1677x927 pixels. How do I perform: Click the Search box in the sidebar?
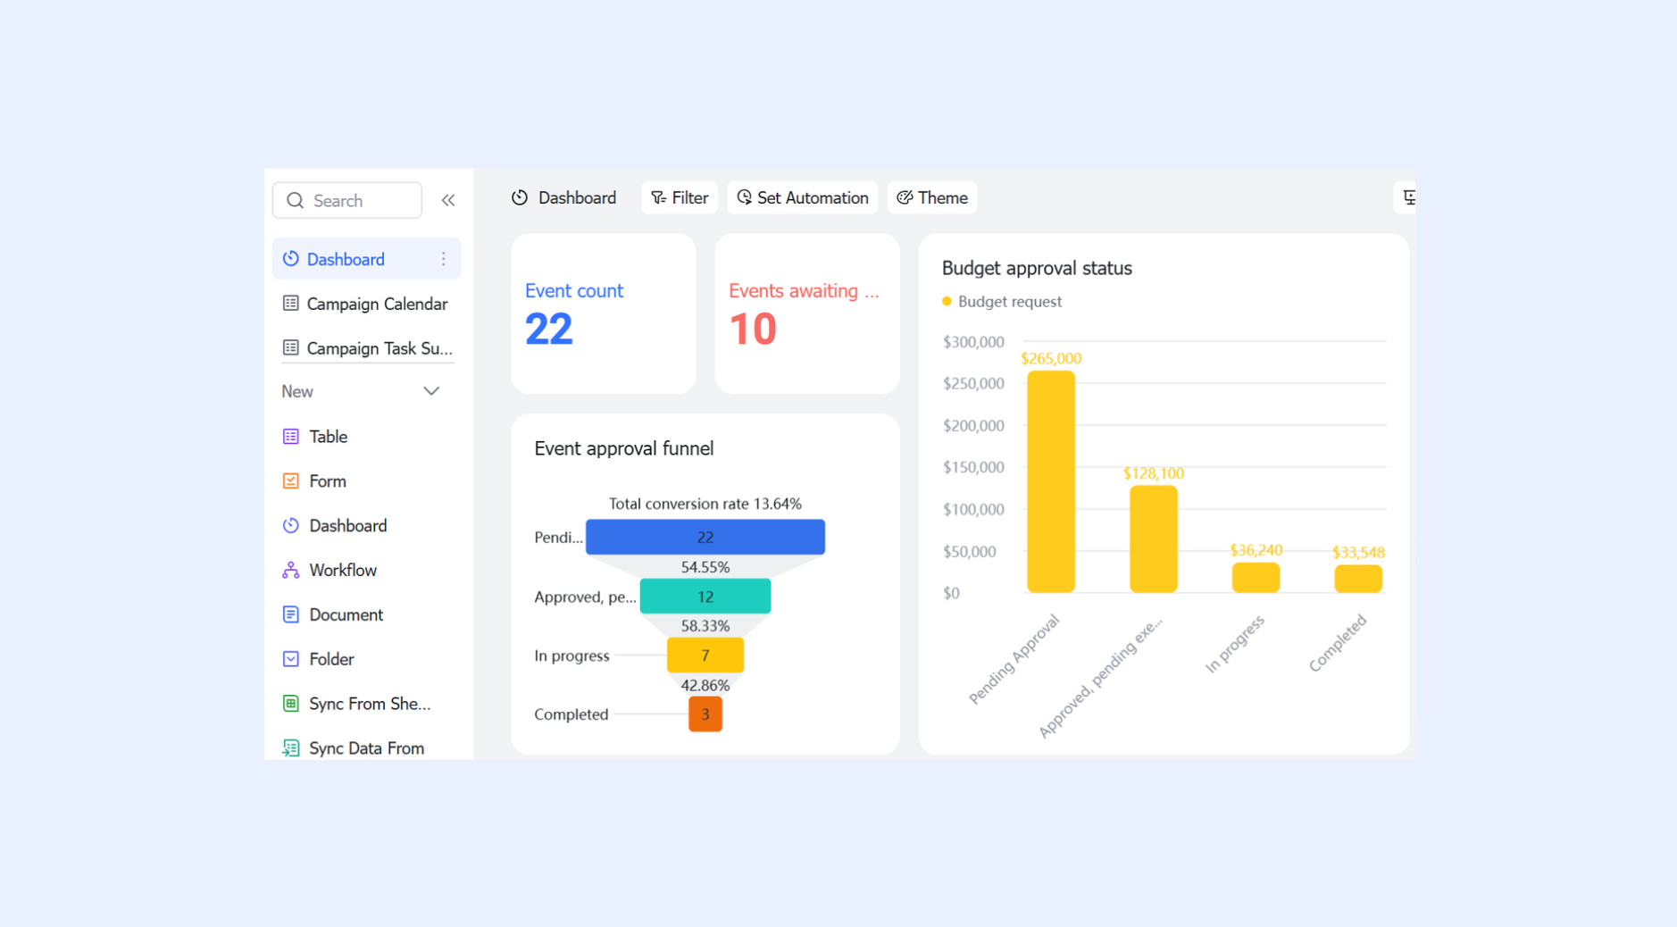click(x=346, y=201)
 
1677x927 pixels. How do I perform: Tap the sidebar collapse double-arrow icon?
click(x=448, y=201)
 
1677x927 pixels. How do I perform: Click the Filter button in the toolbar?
click(x=680, y=197)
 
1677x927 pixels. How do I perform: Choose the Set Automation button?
click(x=803, y=197)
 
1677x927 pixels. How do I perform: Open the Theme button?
click(x=932, y=197)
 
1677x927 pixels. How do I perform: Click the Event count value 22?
click(x=548, y=329)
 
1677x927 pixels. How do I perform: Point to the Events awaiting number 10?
click(x=753, y=329)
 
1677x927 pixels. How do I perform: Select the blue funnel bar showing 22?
click(x=705, y=537)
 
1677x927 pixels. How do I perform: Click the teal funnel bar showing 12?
click(x=705, y=597)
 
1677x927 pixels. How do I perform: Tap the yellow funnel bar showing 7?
click(x=705, y=656)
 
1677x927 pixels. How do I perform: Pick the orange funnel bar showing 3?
click(x=705, y=714)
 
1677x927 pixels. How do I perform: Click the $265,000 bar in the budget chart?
click(x=1051, y=481)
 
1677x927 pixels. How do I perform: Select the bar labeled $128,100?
click(x=1154, y=539)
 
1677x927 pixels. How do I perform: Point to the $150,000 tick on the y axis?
click(x=973, y=467)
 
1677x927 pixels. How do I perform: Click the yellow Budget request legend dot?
click(x=947, y=302)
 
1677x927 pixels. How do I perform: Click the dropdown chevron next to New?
click(x=431, y=391)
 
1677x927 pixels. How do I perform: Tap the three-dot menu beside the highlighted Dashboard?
click(x=443, y=259)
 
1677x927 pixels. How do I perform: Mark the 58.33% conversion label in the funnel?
click(x=705, y=626)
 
